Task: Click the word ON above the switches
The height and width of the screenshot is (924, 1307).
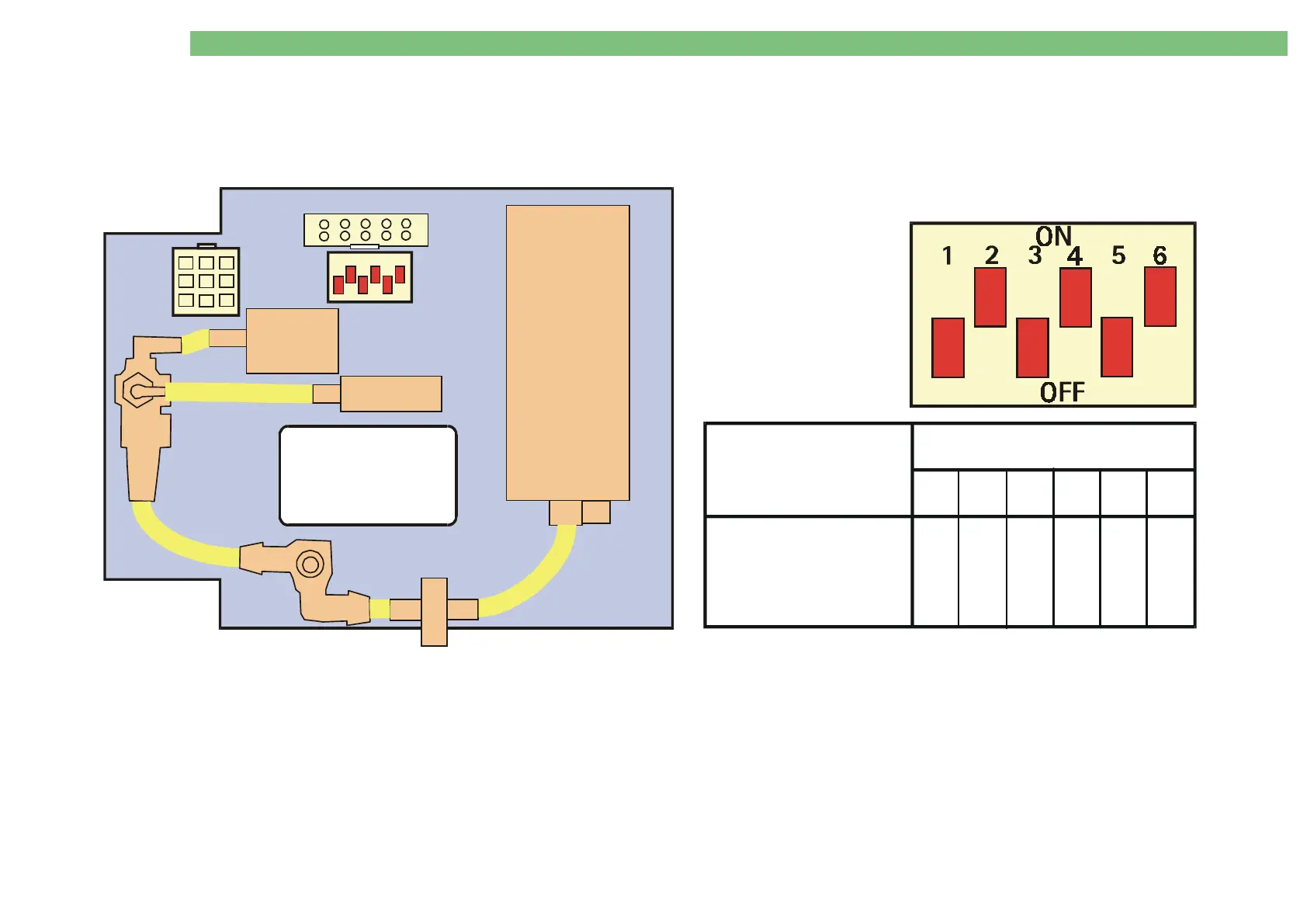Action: [x=1053, y=236]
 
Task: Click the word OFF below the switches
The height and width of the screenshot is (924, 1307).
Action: [x=1062, y=392]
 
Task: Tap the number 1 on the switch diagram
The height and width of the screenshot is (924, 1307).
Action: [x=947, y=255]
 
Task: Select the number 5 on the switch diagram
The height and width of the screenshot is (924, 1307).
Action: [x=1118, y=255]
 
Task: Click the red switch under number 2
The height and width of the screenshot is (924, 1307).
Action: [x=990, y=297]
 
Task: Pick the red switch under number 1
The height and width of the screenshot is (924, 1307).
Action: [x=948, y=348]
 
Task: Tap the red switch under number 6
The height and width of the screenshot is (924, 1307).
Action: [x=1160, y=297]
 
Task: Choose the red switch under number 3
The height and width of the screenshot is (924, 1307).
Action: [x=1032, y=348]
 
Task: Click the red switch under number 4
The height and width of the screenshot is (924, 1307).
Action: [x=1076, y=297]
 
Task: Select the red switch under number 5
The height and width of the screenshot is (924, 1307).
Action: [x=1117, y=347]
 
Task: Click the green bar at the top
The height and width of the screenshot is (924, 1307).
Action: [x=738, y=43]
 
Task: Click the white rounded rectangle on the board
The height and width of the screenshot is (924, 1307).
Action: [x=368, y=475]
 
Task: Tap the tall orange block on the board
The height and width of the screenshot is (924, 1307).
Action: [x=567, y=353]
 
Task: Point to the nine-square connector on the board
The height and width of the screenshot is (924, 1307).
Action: [x=206, y=281]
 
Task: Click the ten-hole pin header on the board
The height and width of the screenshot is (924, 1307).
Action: [x=366, y=230]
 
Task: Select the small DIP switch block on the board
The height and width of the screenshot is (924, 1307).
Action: [x=369, y=277]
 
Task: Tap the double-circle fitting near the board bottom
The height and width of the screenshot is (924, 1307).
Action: [x=310, y=564]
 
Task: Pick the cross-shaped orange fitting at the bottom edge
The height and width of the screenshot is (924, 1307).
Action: [x=434, y=611]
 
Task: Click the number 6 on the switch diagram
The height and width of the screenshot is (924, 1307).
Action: [x=1160, y=255]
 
